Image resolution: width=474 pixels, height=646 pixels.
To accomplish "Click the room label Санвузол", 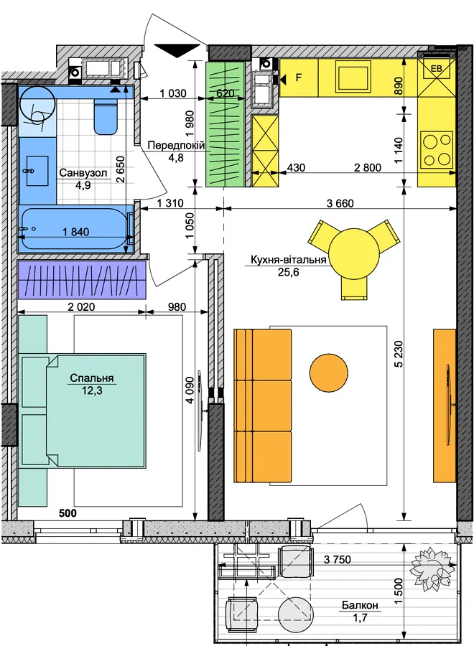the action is tap(83, 172).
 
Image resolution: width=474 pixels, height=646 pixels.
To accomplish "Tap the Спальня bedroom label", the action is tap(91, 378).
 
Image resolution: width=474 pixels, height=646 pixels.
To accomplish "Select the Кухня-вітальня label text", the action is tap(289, 260).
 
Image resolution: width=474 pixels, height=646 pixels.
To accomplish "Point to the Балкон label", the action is tap(360, 605).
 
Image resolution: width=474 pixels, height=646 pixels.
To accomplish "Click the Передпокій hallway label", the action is tap(176, 145).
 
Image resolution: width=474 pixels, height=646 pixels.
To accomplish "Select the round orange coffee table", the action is tap(328, 373).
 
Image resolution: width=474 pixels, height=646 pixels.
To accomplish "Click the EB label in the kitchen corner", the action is tap(437, 69).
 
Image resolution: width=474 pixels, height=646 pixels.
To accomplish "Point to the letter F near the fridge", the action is tap(299, 77).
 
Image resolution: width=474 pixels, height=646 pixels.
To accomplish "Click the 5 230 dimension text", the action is tap(399, 353).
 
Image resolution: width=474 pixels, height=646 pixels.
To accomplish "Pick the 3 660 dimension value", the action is tap(340, 203).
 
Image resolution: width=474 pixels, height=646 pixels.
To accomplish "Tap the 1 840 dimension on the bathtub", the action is tap(76, 232).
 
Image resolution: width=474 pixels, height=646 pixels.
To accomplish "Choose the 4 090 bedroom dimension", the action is tap(189, 390).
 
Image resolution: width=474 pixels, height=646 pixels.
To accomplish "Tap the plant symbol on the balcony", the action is tap(430, 568).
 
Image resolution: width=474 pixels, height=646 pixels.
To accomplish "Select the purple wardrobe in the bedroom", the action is tap(82, 280).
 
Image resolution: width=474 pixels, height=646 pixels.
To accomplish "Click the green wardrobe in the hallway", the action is tap(226, 124).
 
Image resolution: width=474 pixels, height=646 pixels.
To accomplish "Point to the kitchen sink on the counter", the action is tap(353, 77).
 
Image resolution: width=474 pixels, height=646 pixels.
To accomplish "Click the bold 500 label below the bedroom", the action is tap(68, 513).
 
